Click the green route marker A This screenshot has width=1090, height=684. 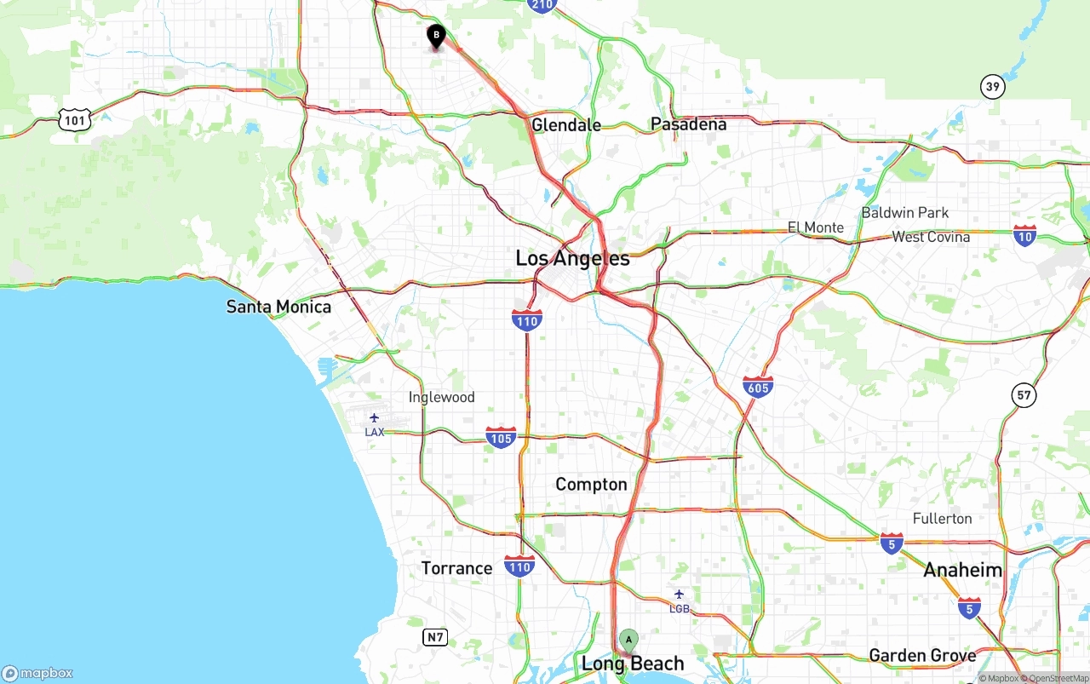pyautogui.click(x=628, y=640)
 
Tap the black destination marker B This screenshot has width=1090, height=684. pyautogui.click(x=436, y=36)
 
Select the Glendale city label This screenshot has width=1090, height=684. pyautogui.click(x=565, y=125)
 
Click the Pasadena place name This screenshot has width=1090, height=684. pyautogui.click(x=688, y=124)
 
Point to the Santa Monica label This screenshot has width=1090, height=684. pyautogui.click(x=278, y=307)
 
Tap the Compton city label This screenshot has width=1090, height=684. pyautogui.click(x=591, y=485)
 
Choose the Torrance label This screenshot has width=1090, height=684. pyautogui.click(x=456, y=568)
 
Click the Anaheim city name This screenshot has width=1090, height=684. pyautogui.click(x=962, y=570)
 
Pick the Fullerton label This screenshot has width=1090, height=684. pyautogui.click(x=942, y=519)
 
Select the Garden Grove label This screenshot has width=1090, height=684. pyautogui.click(x=922, y=655)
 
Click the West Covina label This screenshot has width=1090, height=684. pyautogui.click(x=931, y=237)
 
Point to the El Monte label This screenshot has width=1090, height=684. pyautogui.click(x=815, y=227)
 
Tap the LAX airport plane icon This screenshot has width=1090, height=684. pyautogui.click(x=374, y=417)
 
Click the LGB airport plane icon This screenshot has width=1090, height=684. pyautogui.click(x=679, y=595)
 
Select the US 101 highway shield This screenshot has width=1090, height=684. pyautogui.click(x=75, y=120)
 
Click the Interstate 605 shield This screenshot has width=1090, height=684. pyautogui.click(x=758, y=386)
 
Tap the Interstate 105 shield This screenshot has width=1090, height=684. pyautogui.click(x=501, y=437)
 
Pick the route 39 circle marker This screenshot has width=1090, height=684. pyautogui.click(x=992, y=86)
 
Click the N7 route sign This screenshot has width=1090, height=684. pyautogui.click(x=435, y=636)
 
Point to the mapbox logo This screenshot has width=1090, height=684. pyautogui.click(x=37, y=673)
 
